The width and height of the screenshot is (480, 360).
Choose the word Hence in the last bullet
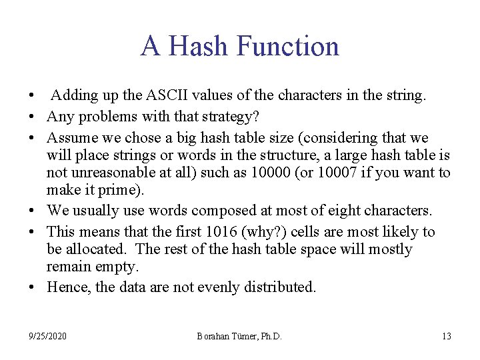tap(65, 287)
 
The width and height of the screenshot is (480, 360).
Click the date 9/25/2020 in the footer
tap(47, 336)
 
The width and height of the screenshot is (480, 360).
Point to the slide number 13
tap(446, 336)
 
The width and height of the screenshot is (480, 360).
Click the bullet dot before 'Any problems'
tap(33, 117)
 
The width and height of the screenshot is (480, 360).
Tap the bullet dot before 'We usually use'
tap(33, 211)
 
